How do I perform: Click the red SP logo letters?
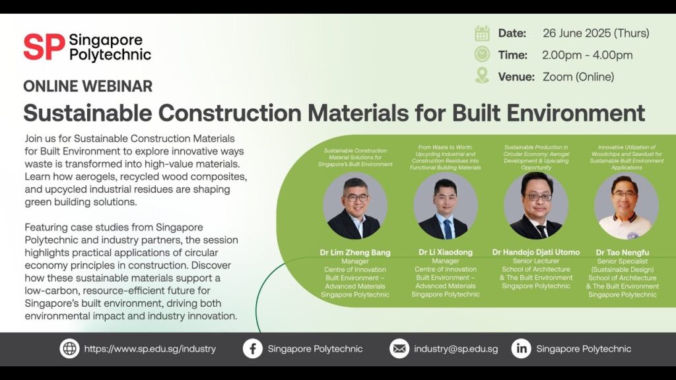click(44, 47)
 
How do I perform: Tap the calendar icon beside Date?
click(482, 33)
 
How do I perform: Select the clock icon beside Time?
click(482, 54)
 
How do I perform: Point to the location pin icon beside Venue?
click(482, 75)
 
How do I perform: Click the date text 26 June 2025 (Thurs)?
click(596, 33)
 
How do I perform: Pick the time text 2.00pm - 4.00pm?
click(587, 55)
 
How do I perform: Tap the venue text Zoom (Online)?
click(578, 77)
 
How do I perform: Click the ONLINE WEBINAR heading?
click(88, 86)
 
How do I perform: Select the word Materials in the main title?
click(358, 113)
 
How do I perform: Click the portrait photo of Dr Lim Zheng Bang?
click(355, 206)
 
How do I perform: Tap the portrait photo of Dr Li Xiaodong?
click(446, 206)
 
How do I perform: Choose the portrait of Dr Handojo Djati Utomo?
click(536, 206)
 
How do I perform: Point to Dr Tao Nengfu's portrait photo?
click(626, 206)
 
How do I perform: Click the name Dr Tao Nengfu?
click(622, 253)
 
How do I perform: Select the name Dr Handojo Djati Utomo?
click(536, 252)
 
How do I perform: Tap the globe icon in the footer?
click(69, 348)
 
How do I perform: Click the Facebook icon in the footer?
click(253, 348)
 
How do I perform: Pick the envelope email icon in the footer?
click(399, 348)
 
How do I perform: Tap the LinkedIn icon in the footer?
click(522, 348)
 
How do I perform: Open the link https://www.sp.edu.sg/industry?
click(150, 349)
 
